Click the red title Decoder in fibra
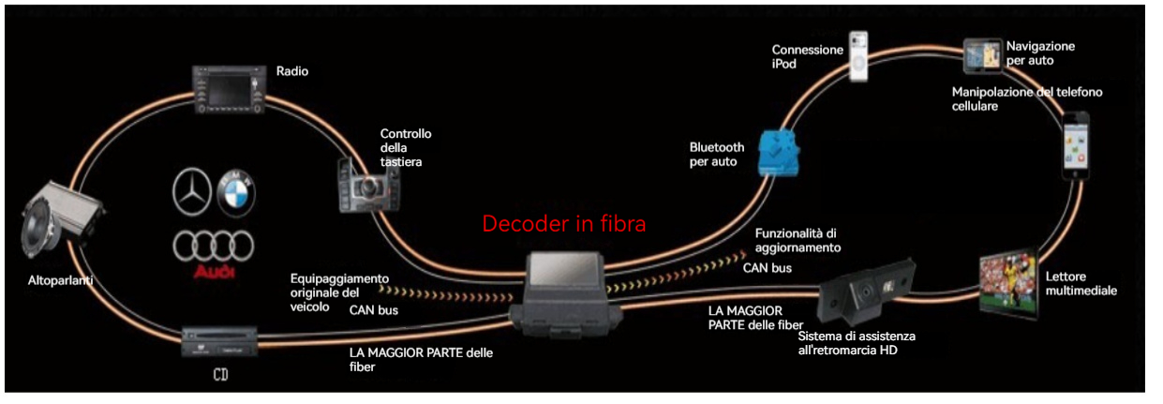[x=564, y=224]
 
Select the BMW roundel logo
[x=236, y=191]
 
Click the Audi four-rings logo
[x=213, y=246]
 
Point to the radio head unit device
[x=228, y=90]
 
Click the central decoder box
[x=564, y=291]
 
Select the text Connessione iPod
[x=807, y=56]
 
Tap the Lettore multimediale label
[x=1081, y=284]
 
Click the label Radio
[x=292, y=71]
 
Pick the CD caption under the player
[x=221, y=377]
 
